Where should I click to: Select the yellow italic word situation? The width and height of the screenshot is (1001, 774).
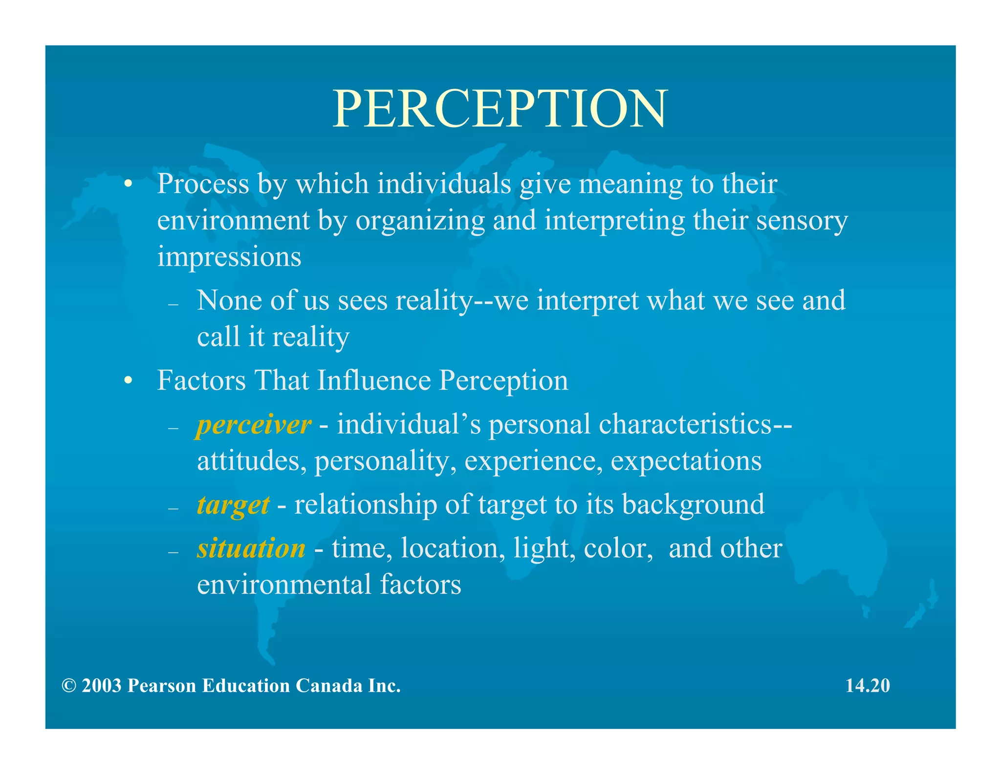coord(251,548)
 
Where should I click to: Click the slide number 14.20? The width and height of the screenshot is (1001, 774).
coord(868,685)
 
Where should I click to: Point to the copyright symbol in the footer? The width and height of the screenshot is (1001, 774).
coord(69,686)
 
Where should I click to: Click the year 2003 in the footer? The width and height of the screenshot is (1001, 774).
coord(101,686)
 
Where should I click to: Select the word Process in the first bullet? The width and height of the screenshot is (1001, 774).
coord(203,184)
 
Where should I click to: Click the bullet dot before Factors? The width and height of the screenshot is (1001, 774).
coord(128,381)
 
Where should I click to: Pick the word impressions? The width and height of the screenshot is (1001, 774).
coord(229,257)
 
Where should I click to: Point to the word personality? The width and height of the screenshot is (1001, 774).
coord(381,461)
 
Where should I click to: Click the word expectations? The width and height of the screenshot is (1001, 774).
coord(686,461)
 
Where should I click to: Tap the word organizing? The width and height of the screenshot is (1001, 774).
coord(420,221)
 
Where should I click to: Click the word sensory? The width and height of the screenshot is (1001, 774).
coord(802,221)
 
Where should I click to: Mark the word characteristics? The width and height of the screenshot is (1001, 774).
coord(685,424)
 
